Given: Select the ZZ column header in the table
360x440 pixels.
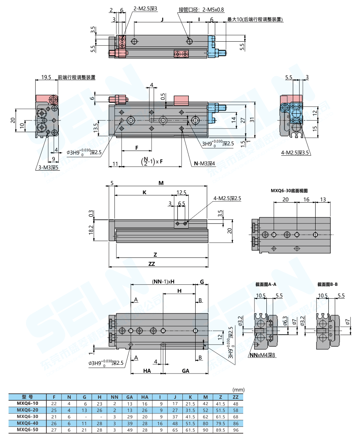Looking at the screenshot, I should pos(236,397).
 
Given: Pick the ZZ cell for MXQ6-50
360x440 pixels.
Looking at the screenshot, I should pos(236,430).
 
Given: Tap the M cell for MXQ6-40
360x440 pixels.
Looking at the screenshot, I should pos(206,423).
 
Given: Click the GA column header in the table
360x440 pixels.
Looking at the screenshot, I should pos(130,397).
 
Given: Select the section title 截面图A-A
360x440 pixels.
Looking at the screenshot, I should pos(266,284).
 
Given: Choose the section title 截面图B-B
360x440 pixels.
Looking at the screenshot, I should pos(328,284).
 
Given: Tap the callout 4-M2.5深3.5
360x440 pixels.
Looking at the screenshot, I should pos(296,153).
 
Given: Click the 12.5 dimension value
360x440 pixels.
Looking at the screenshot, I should pos(182,192).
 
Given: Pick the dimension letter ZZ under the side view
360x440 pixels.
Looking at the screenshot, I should pos(152,264).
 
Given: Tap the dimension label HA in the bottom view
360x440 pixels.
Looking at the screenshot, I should pos(147,371).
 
